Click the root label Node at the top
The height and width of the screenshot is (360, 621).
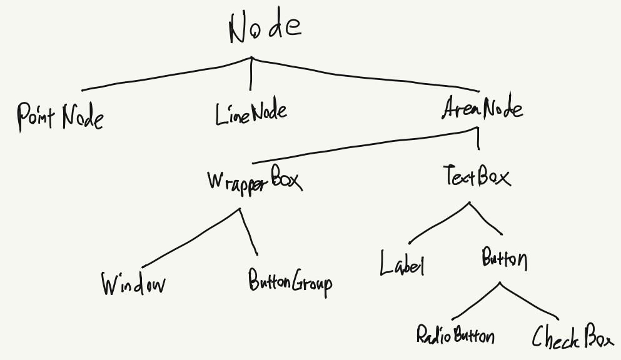click(265, 28)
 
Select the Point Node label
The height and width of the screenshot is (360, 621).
click(60, 117)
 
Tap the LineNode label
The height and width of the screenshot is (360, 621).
click(251, 114)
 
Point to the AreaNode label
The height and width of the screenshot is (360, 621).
click(482, 109)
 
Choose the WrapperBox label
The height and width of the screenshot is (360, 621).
click(254, 180)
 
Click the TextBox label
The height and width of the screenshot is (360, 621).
click(477, 176)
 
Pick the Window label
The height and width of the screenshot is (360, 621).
click(133, 283)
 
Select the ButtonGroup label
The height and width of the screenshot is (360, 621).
click(290, 282)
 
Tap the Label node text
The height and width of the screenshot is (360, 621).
click(402, 264)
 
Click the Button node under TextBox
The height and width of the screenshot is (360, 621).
click(504, 258)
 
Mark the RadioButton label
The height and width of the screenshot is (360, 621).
click(455, 335)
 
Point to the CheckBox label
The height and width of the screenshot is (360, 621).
click(572, 337)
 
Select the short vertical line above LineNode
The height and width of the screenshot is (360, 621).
click(251, 75)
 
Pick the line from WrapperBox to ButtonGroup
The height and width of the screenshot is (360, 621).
click(250, 232)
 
